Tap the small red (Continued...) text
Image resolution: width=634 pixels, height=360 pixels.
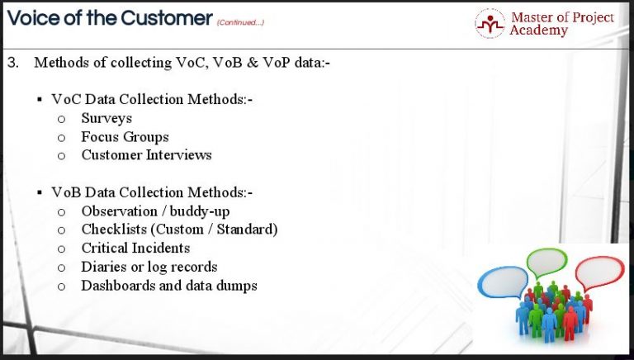pyautogui.click(x=240, y=22)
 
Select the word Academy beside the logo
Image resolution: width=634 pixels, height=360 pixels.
pyautogui.click(x=538, y=31)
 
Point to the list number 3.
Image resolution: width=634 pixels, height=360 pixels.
pyautogui.click(x=12, y=63)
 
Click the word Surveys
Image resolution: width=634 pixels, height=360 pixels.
pyautogui.click(x=106, y=118)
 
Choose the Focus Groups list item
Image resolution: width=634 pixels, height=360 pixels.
pyautogui.click(x=125, y=136)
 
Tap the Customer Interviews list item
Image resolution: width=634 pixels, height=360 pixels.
pyautogui.click(x=146, y=154)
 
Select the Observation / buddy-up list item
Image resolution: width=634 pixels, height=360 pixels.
pyautogui.click(x=155, y=211)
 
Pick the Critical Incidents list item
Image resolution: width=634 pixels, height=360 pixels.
pyautogui.click(x=135, y=248)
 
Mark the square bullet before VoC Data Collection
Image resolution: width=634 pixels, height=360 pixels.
pyautogui.click(x=40, y=100)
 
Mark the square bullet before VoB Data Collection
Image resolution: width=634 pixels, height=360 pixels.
pyautogui.click(x=40, y=193)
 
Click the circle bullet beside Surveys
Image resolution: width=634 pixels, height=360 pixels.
pyautogui.click(x=61, y=119)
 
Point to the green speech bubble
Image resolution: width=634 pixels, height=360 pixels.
pyautogui.click(x=546, y=263)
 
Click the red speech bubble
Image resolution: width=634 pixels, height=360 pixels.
pyautogui.click(x=599, y=272)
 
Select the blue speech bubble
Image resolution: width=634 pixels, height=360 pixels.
pyautogui.click(x=499, y=282)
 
